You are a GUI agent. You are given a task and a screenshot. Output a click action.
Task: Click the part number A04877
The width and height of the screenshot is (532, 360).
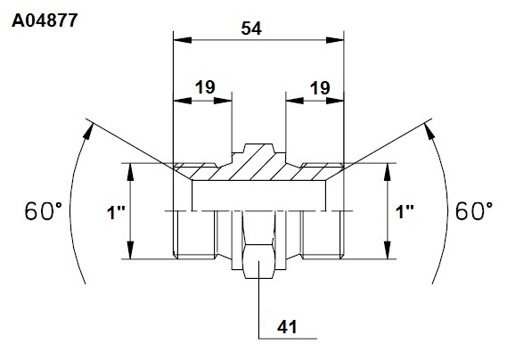pyautogui.click(x=45, y=20)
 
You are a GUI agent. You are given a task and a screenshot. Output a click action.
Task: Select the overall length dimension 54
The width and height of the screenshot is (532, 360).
pyautogui.click(x=251, y=29)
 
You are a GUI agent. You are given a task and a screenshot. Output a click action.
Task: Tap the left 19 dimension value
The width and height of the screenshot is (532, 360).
pyautogui.click(x=205, y=87)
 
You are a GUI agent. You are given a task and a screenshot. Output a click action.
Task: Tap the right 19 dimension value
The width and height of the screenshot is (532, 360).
pyautogui.click(x=320, y=88)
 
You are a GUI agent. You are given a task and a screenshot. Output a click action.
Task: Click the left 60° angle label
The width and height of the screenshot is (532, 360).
pyautogui.click(x=43, y=211)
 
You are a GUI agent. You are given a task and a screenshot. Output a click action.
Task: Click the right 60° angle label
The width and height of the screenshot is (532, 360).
pyautogui.click(x=474, y=211)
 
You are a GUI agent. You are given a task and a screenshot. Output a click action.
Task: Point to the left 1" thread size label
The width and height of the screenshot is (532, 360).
pyautogui.click(x=116, y=213)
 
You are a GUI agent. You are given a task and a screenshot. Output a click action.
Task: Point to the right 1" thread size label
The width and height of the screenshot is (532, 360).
pyautogui.click(x=405, y=212)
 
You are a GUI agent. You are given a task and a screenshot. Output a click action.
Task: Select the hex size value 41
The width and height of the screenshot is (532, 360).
pyautogui.click(x=287, y=327)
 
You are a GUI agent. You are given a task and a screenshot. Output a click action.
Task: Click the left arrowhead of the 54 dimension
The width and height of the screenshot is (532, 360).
pyautogui.click(x=182, y=40)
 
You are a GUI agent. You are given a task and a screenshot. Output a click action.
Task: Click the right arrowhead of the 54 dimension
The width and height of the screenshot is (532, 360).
pyautogui.click(x=335, y=40)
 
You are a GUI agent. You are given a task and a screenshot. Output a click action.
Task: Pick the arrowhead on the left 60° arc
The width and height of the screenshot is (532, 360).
pyautogui.click(x=88, y=131)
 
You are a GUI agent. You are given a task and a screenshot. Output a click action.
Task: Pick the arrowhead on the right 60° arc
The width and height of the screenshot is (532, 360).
pyautogui.click(x=430, y=131)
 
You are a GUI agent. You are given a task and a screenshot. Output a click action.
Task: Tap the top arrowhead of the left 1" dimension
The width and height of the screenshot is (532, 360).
pyautogui.click(x=131, y=172)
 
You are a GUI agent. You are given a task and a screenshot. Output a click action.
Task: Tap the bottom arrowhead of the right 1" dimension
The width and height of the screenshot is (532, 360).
pyautogui.click(x=389, y=250)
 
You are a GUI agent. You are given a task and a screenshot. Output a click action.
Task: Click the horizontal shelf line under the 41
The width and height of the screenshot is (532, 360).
pyautogui.click(x=288, y=339)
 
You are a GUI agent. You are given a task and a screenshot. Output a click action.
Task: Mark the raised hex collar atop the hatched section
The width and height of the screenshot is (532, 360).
pyautogui.click(x=259, y=149)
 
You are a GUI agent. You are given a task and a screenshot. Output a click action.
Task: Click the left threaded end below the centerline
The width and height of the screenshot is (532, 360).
pyautogui.click(x=194, y=234)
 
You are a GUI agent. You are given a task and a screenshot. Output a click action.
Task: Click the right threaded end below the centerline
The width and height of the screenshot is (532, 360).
pyautogui.click(x=323, y=234)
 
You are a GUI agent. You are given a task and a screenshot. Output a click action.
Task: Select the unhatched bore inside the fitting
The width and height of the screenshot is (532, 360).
pyautogui.click(x=259, y=196)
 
